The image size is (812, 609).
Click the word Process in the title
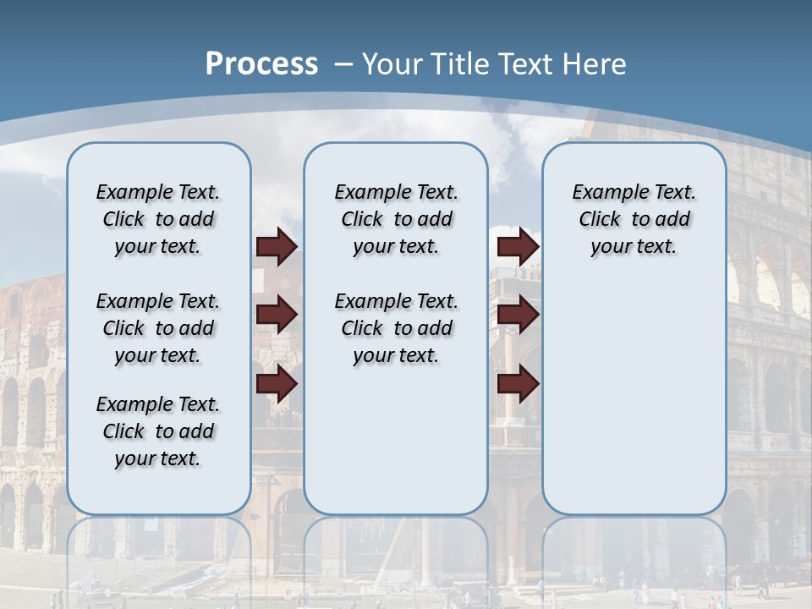click(261, 64)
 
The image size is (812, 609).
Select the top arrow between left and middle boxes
click(277, 247)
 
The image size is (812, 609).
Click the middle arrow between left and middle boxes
click(277, 315)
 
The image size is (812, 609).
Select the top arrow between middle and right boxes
click(518, 247)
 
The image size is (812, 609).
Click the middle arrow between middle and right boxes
click(518, 315)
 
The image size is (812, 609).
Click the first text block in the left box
click(158, 219)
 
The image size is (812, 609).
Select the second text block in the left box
click(158, 328)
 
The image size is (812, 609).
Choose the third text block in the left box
click(158, 431)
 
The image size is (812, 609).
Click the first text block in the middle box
click(396, 219)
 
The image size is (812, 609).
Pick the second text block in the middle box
click(396, 328)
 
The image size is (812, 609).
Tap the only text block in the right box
click(634, 219)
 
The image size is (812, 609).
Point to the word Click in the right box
click(600, 220)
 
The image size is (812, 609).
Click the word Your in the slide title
click(393, 64)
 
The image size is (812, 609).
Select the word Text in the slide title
click(526, 64)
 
